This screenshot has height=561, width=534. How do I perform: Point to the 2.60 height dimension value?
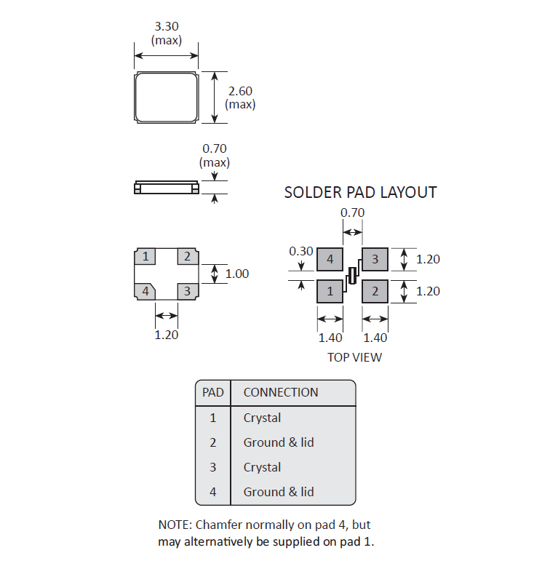pos(240,91)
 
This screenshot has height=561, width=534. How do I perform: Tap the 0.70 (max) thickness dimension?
pos(215,149)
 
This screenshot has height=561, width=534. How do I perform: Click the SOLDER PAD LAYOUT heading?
pos(360,193)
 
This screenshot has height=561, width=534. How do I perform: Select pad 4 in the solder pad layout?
pos(330,259)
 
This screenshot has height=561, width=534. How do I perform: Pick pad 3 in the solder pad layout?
pos(375,259)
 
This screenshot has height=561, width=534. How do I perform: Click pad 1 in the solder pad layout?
pos(330,291)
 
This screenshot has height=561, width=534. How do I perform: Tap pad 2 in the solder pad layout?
pos(375,291)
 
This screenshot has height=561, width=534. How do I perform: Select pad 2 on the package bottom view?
pos(187,256)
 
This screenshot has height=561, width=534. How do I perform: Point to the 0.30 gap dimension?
pos(300,251)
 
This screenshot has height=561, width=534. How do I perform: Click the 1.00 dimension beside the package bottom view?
pos(237,274)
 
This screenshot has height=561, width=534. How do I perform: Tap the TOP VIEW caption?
pos(354,357)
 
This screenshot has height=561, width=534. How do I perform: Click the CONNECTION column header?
pos(281,392)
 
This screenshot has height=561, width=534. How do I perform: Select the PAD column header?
pos(213,392)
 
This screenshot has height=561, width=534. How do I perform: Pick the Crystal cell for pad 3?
pos(262,467)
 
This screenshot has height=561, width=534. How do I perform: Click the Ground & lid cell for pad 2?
pos(279,442)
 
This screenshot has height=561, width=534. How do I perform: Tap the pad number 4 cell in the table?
pos(213,492)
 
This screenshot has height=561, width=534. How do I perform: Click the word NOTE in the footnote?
pos(175,524)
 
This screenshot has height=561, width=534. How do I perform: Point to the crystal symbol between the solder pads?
pos(353,275)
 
